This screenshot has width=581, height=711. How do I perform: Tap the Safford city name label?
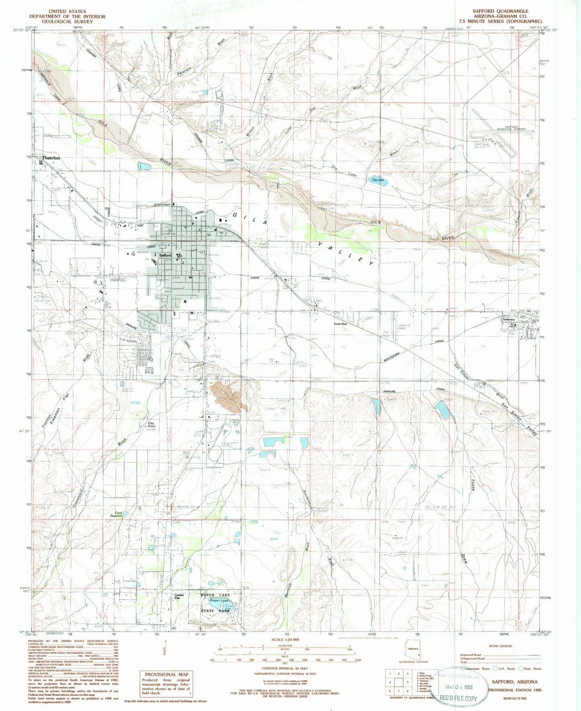[x=165, y=255]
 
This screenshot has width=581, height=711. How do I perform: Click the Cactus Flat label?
[x=179, y=597]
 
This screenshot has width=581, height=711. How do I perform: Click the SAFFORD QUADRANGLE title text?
[x=506, y=11]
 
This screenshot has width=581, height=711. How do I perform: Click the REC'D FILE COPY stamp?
[x=458, y=698]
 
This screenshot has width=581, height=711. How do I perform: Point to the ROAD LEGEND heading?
[x=501, y=646]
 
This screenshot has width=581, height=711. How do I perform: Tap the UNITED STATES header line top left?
[x=67, y=11]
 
